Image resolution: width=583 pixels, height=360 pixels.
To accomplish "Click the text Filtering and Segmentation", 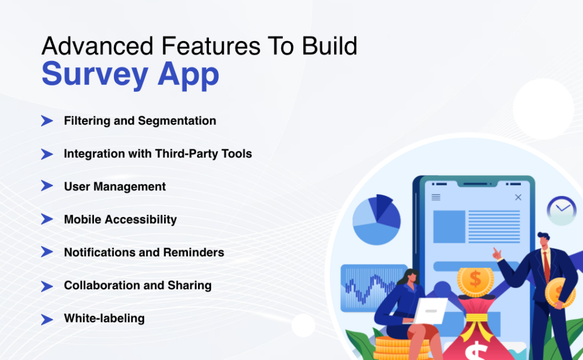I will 139,121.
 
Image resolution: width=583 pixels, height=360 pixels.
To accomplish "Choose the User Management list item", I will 114,186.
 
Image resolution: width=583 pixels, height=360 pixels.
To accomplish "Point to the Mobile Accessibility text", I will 120,219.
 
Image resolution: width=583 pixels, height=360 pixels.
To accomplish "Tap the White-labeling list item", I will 104,318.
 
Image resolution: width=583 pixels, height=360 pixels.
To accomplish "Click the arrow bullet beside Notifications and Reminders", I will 47,252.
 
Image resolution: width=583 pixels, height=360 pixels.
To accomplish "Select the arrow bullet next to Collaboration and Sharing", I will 47,285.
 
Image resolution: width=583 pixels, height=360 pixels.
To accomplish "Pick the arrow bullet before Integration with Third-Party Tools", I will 47,154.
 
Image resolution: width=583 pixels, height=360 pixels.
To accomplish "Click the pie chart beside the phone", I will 376,219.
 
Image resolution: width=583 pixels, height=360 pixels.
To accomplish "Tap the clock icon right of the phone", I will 561,210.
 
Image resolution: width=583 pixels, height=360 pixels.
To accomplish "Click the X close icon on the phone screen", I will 518,197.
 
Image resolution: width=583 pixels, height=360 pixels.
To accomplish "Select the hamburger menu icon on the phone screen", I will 436,197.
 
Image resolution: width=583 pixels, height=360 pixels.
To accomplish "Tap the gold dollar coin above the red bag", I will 475,279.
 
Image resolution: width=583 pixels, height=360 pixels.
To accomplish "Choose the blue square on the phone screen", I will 449,226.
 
